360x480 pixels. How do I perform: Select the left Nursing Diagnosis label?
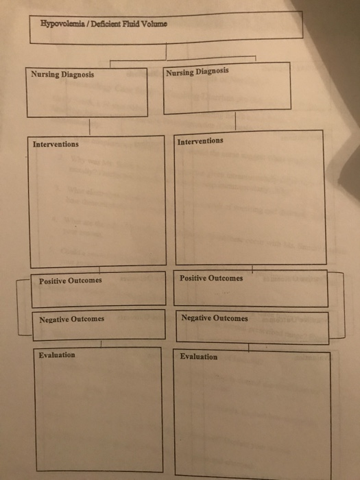(x=62, y=74)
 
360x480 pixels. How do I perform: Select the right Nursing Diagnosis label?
(x=197, y=72)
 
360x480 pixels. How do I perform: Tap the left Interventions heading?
(x=56, y=144)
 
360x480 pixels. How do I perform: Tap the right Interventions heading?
(x=200, y=141)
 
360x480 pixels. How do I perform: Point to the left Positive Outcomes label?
(x=71, y=280)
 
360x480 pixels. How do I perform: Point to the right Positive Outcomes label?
(x=211, y=278)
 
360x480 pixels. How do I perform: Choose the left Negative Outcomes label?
(x=71, y=320)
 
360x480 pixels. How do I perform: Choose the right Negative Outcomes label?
(x=215, y=318)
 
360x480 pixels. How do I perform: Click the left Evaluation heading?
(x=57, y=355)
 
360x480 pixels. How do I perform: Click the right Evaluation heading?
(x=199, y=357)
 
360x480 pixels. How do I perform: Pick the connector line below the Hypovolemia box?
(x=166, y=51)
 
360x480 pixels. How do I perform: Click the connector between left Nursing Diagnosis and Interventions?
(x=89, y=126)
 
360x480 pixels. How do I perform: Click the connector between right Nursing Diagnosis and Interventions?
(x=235, y=121)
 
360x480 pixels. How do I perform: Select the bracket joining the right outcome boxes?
(x=344, y=305)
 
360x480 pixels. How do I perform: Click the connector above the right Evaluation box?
(x=248, y=348)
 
